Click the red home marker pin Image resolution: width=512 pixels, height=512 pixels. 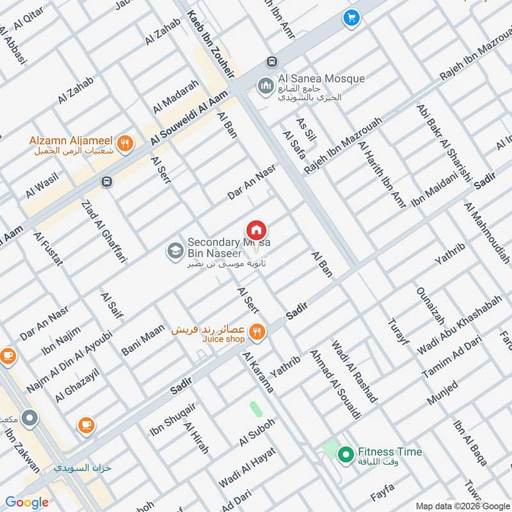point(257,230)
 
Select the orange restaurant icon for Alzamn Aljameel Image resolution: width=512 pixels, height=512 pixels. point(125,144)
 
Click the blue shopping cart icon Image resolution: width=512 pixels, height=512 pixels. point(350,18)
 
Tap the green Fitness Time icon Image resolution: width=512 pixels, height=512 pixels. point(346,455)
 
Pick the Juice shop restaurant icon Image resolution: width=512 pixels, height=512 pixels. point(257,331)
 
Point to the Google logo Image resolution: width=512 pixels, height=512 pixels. point(27,502)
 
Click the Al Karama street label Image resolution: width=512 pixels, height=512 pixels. point(258,372)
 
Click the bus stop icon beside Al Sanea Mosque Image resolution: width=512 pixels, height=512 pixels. point(272,61)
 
